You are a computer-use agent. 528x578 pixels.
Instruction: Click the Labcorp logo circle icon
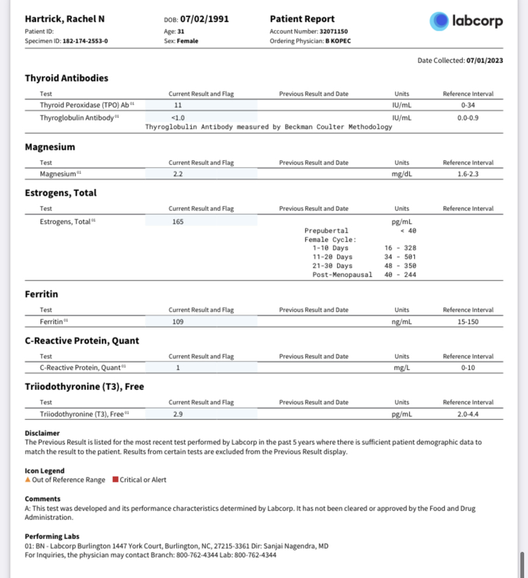(439, 21)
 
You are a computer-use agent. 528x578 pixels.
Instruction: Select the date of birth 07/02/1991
(204, 19)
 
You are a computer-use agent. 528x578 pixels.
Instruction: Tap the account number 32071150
(334, 31)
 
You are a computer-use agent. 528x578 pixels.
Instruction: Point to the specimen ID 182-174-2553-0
(85, 41)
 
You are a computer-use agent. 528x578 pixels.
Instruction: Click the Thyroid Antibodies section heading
(66, 78)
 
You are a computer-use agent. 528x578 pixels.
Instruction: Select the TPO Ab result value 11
(178, 105)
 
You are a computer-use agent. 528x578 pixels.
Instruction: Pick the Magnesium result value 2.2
(178, 174)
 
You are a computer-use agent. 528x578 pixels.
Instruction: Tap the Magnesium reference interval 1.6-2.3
(468, 174)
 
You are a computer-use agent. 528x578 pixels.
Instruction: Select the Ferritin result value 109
(178, 322)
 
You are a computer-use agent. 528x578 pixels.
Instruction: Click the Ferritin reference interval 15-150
(468, 322)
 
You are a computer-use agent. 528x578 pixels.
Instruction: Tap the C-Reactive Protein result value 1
(178, 368)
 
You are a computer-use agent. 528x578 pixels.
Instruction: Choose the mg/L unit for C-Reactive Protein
(402, 368)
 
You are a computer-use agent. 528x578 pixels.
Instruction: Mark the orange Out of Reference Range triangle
(27, 480)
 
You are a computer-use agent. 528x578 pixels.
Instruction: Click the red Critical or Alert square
(115, 480)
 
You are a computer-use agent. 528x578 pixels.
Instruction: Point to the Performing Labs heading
(52, 536)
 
